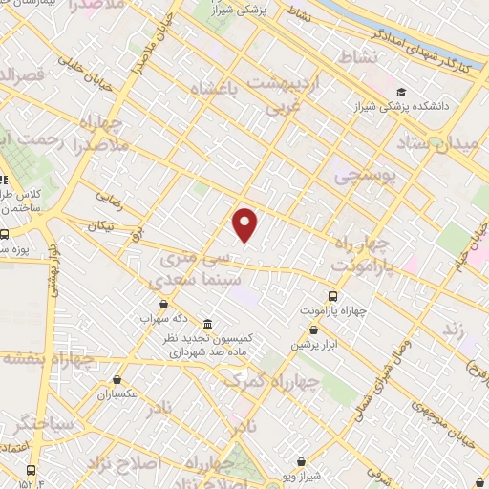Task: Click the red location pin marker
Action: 246,224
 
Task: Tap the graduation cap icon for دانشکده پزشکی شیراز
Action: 401,92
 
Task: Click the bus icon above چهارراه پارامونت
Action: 332,296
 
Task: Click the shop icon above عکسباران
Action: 117,379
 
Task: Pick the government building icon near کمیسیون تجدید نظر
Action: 207,324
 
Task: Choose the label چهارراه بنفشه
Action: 48,359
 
